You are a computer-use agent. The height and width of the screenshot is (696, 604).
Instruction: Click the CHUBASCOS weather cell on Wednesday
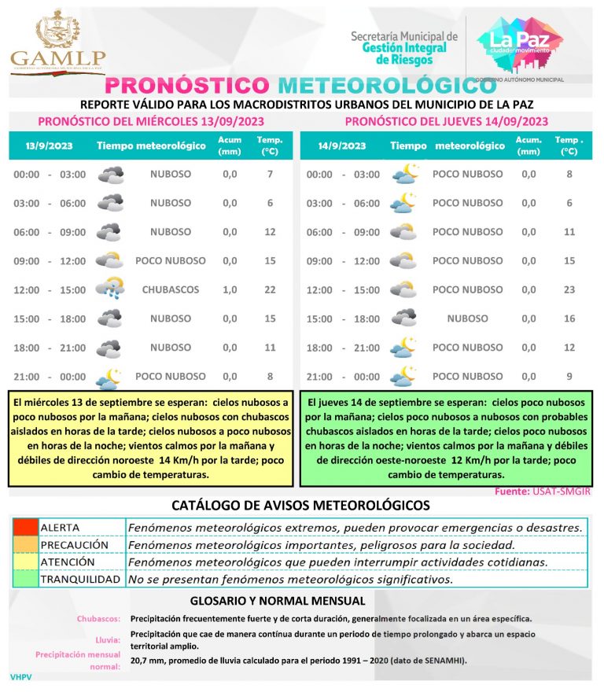[x=171, y=289]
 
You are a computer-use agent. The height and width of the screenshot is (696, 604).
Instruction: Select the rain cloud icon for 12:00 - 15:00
[x=109, y=289]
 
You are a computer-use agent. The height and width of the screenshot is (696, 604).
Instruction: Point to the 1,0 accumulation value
[x=230, y=289]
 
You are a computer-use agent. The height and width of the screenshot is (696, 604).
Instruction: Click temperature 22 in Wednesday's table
[x=270, y=289]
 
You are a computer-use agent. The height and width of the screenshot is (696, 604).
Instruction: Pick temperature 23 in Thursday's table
[x=569, y=289]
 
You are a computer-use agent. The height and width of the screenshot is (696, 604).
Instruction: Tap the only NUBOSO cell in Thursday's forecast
[x=467, y=319]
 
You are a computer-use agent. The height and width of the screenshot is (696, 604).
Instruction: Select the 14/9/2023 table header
[x=342, y=145]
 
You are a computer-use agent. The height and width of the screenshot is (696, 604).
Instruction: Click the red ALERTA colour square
[x=24, y=527]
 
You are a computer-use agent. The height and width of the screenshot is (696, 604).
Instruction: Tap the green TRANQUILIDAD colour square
[x=24, y=580]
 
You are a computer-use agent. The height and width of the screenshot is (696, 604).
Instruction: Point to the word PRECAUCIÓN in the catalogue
[x=74, y=544]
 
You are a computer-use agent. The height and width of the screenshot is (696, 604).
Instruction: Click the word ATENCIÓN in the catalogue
[x=68, y=562]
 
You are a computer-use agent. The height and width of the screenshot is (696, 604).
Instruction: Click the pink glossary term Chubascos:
[x=98, y=619]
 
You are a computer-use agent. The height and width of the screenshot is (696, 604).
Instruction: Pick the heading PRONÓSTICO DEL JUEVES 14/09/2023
[x=446, y=121]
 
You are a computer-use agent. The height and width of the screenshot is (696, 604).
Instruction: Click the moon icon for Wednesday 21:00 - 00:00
[x=109, y=377]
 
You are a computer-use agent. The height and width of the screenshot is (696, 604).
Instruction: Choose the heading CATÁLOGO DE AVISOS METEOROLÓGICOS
[x=300, y=505]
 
